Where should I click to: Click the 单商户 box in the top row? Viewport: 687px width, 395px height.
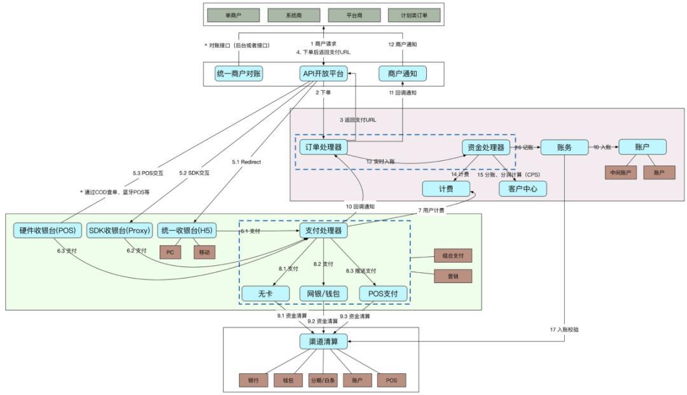(x=233, y=15)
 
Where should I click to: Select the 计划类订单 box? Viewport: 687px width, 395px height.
(x=413, y=15)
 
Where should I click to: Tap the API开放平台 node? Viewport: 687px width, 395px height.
(x=323, y=74)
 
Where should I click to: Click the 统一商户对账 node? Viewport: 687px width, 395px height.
(x=239, y=74)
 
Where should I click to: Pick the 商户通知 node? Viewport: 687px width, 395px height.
(x=402, y=74)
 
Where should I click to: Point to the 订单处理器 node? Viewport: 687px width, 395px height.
(x=323, y=148)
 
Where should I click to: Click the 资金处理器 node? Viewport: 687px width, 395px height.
(x=487, y=148)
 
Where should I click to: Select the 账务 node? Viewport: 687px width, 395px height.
(x=564, y=148)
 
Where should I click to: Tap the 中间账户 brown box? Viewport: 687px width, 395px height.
(x=620, y=172)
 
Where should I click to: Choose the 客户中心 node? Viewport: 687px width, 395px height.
(x=523, y=188)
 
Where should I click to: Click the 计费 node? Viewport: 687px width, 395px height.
(x=446, y=188)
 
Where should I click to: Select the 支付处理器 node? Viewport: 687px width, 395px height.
(x=323, y=230)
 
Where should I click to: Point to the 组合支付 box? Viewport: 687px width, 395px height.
(x=453, y=256)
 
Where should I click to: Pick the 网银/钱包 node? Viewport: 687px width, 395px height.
(x=324, y=293)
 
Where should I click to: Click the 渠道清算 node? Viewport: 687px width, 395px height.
(x=324, y=342)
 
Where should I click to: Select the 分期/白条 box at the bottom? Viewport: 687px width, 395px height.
(x=323, y=380)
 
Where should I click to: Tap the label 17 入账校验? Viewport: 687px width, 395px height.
(x=568, y=330)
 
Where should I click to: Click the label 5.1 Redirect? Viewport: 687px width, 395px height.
(x=246, y=162)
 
